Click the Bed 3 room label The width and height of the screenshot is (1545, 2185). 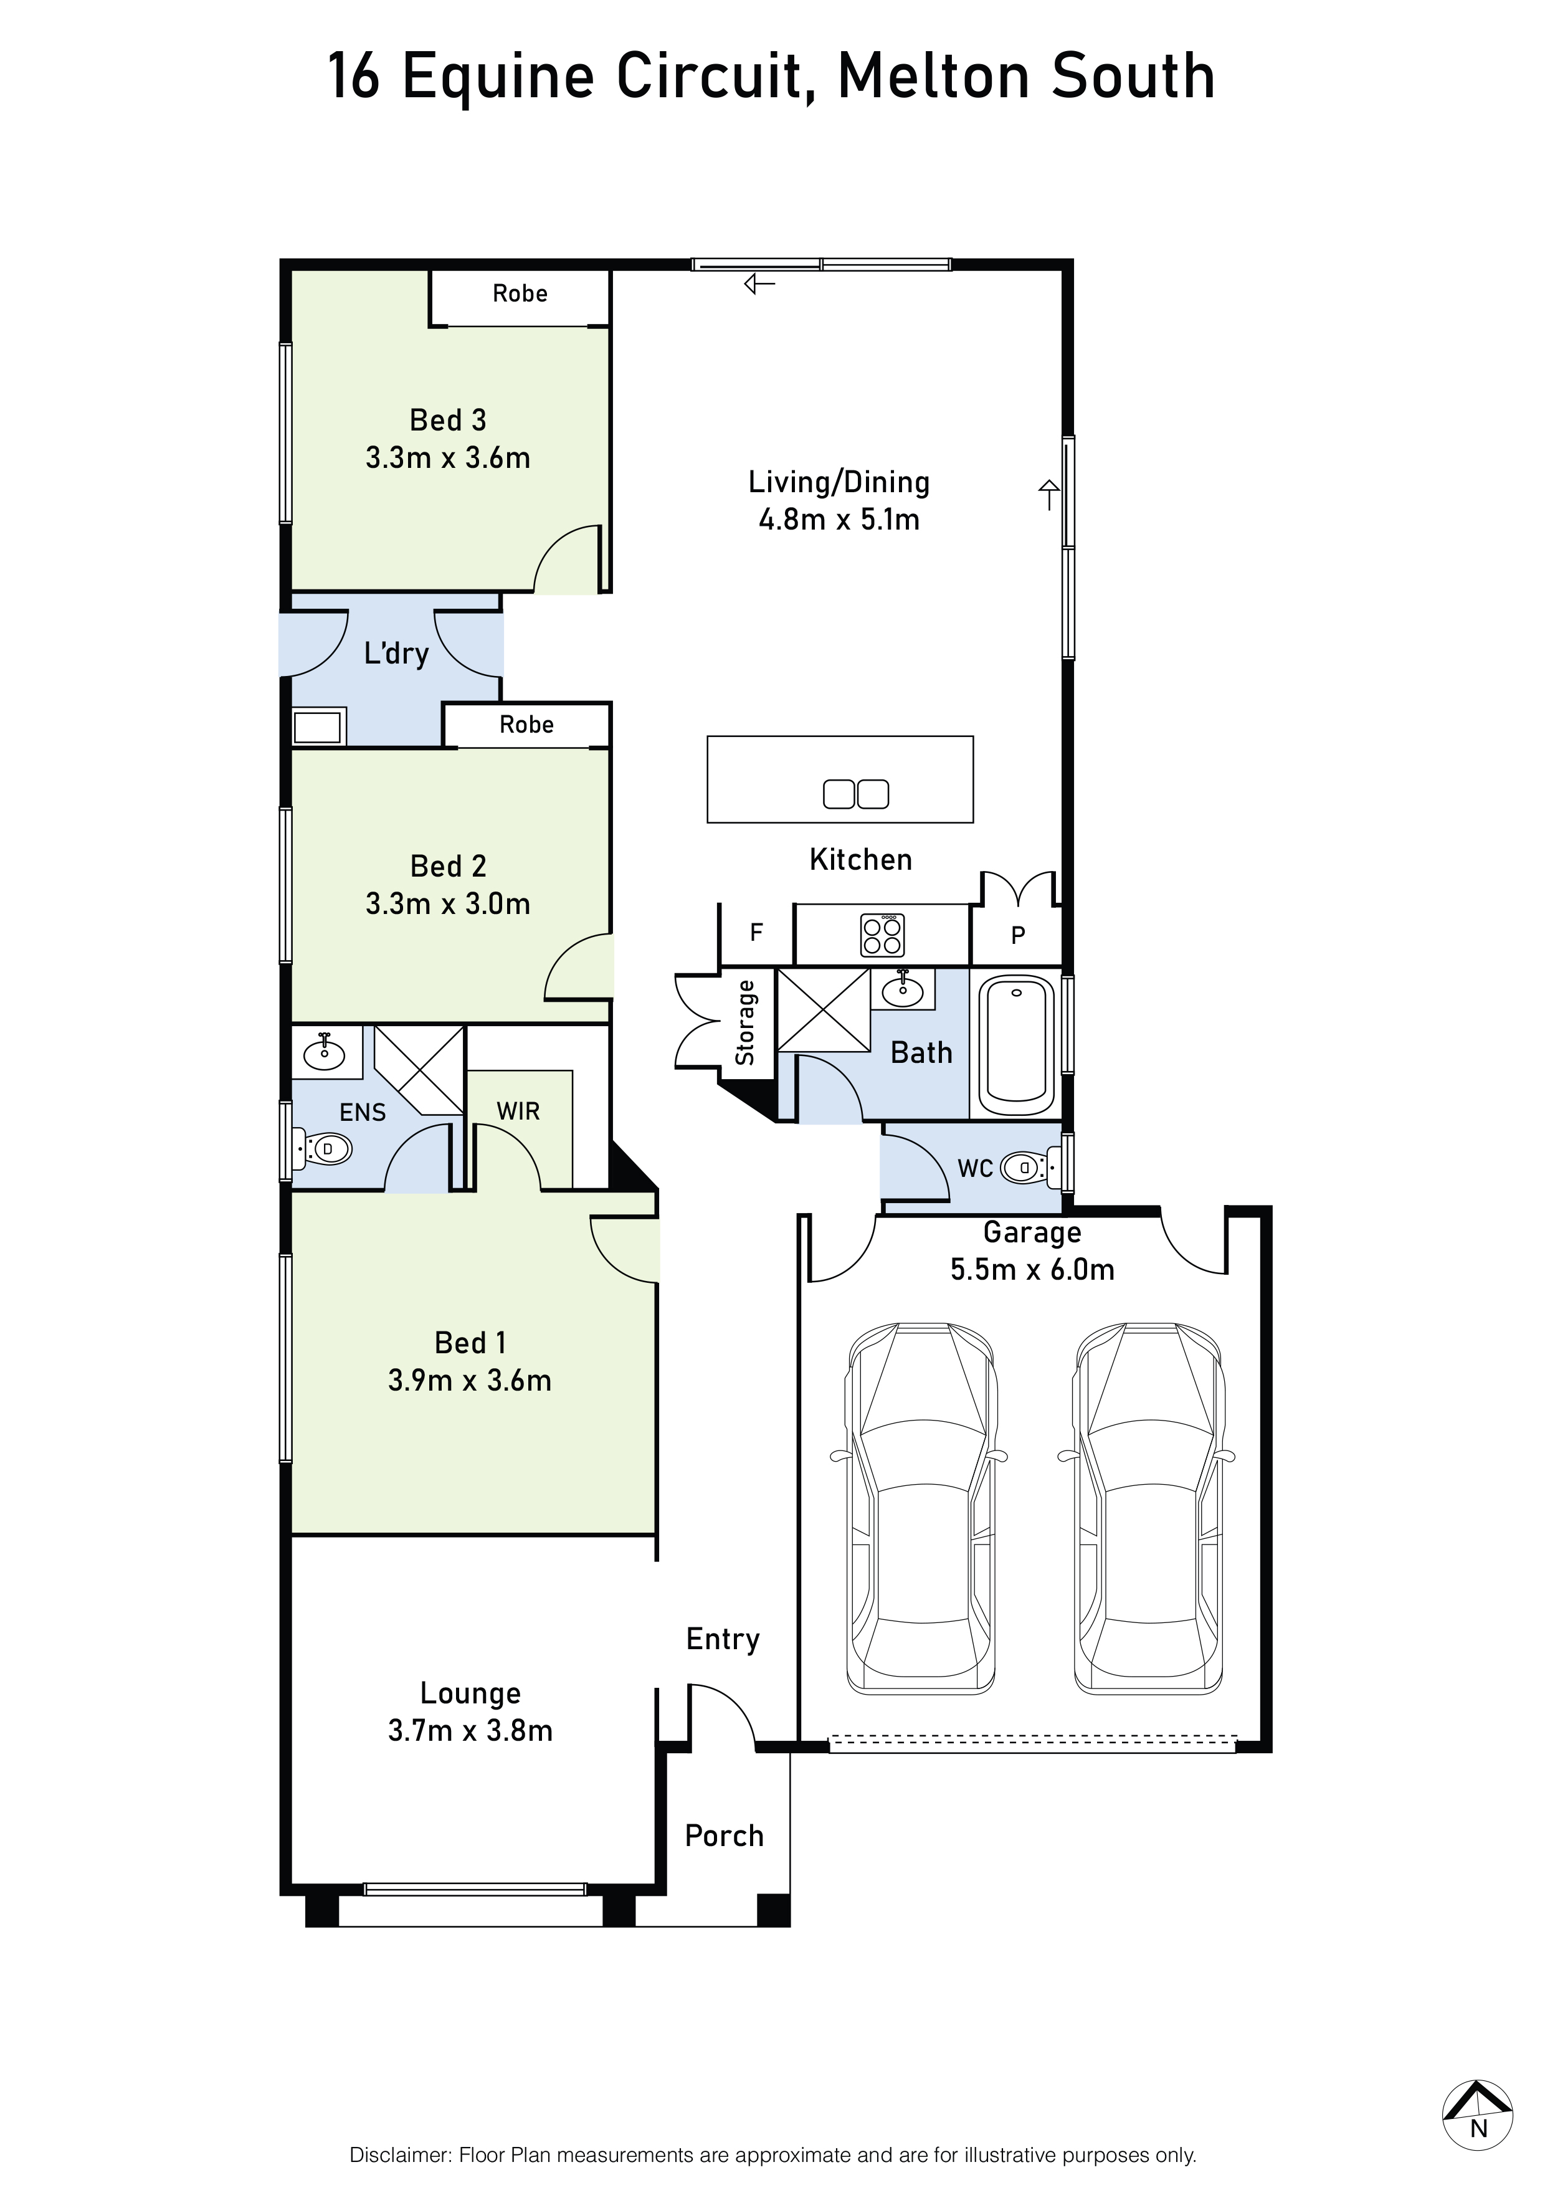pyautogui.click(x=447, y=420)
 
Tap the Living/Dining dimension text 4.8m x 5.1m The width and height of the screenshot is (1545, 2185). pyautogui.click(x=839, y=520)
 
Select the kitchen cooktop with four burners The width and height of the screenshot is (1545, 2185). pyautogui.click(x=882, y=935)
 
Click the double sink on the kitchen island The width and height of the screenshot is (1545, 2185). pyautogui.click(x=855, y=794)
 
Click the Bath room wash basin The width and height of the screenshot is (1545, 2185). pyautogui.click(x=902, y=990)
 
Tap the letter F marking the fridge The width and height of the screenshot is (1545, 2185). pyautogui.click(x=756, y=933)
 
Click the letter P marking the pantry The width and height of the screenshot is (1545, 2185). pyautogui.click(x=1017, y=935)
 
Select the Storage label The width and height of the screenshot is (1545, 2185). pyautogui.click(x=745, y=1023)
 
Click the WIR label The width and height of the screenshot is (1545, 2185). pyautogui.click(x=518, y=1111)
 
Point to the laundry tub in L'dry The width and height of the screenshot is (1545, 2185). pyautogui.click(x=318, y=728)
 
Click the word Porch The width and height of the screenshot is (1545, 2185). pyautogui.click(x=724, y=1835)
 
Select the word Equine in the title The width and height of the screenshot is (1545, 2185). pyautogui.click(x=500, y=77)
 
